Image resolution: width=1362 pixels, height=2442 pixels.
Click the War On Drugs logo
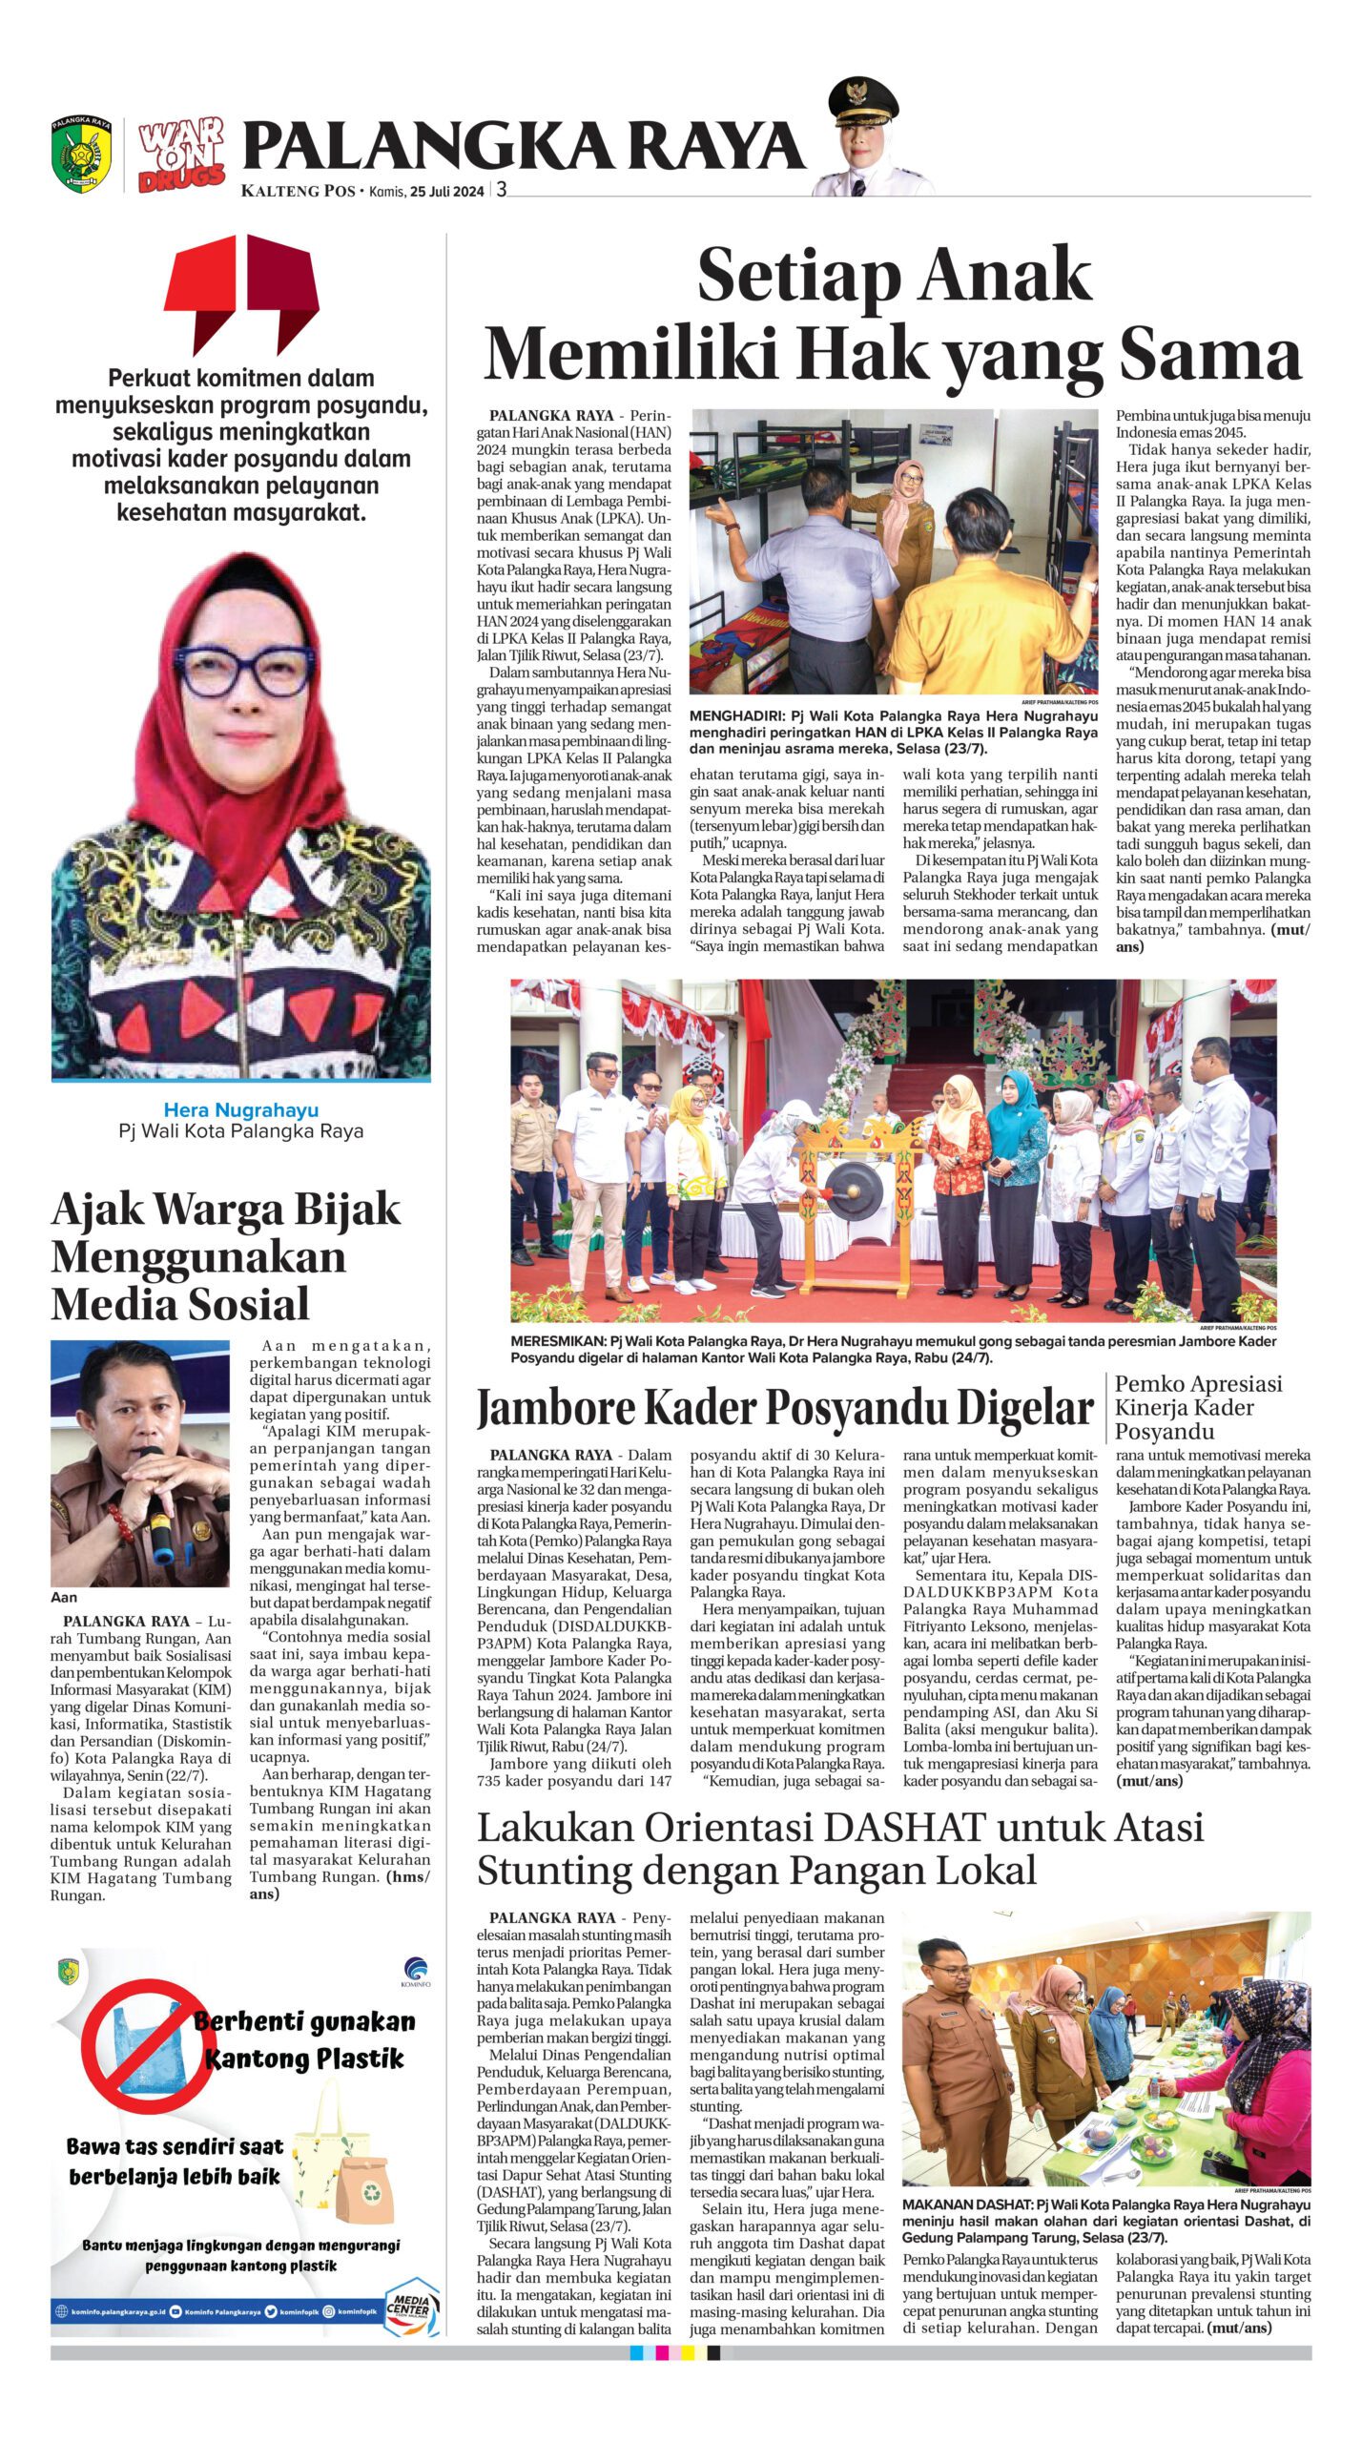182,155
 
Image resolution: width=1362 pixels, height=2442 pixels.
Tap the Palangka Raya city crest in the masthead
82,154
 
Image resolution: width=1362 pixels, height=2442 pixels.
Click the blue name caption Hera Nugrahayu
241,1109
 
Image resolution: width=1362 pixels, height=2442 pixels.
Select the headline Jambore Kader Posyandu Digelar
784,1408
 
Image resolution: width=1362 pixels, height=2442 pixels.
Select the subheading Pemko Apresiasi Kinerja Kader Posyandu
1198,1407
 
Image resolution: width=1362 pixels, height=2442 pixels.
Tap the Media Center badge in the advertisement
411,2307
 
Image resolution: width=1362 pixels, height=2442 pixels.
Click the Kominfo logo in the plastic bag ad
417,1972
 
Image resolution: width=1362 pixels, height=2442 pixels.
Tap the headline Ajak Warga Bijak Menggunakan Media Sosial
226,1256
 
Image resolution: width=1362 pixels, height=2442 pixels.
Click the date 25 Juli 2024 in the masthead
447,190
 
